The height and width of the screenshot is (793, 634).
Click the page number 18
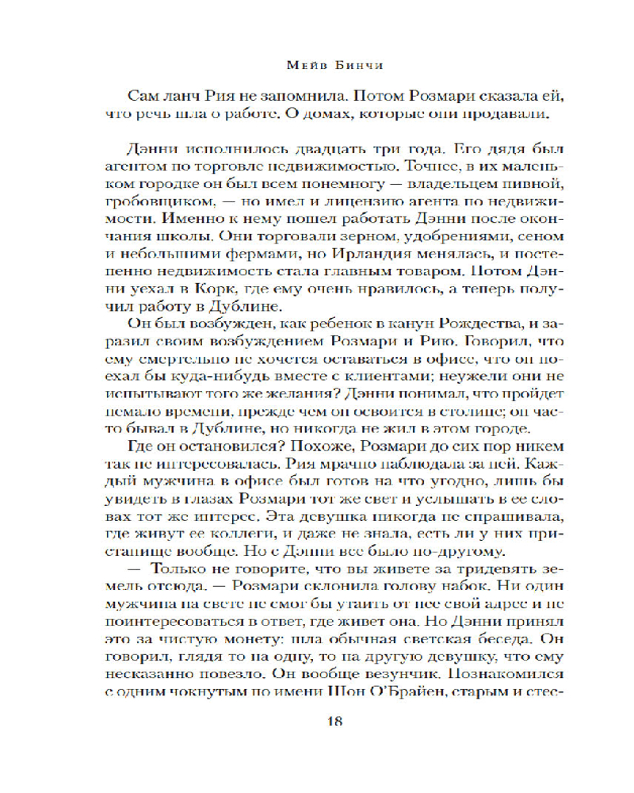[x=333, y=721]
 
